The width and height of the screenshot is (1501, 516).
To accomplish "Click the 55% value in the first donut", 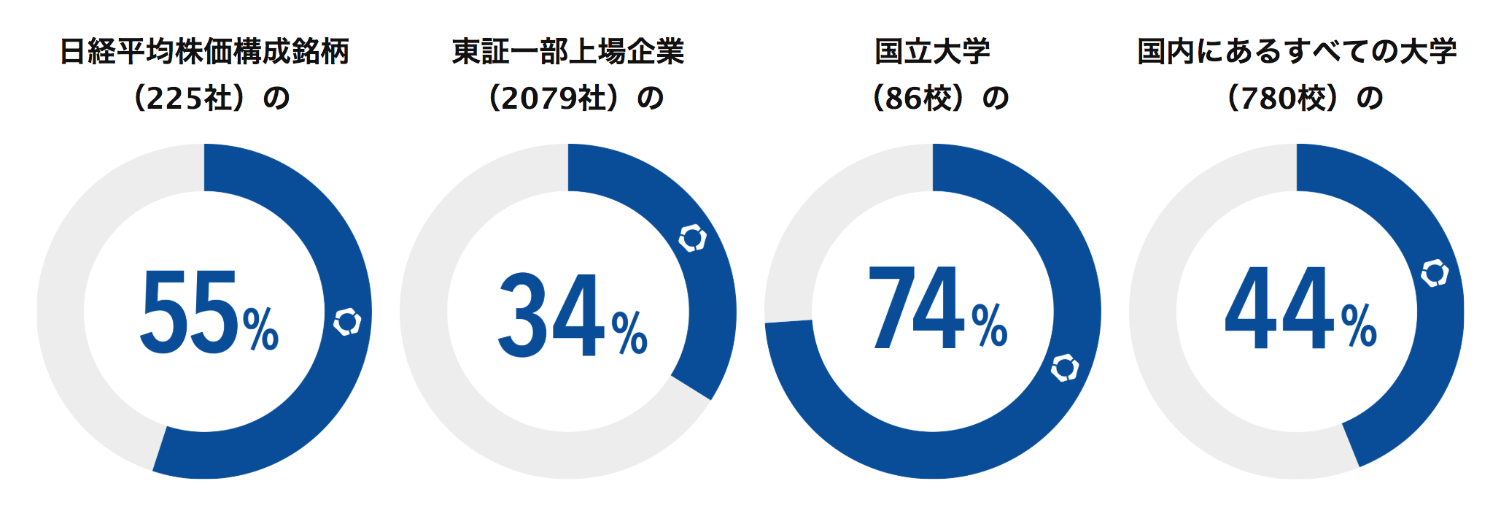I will (x=209, y=312).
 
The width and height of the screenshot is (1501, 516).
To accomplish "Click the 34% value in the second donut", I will (x=572, y=315).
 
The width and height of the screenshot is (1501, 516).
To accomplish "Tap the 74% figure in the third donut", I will (x=936, y=308).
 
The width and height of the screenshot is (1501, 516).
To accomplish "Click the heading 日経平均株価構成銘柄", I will (x=204, y=52).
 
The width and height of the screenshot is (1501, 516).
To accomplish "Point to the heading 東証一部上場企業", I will (x=568, y=52).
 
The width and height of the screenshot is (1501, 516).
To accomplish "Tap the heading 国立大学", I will (x=932, y=52).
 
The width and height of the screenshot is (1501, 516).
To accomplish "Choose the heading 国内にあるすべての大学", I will (x=1297, y=52).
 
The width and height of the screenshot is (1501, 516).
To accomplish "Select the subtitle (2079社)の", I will (x=575, y=98).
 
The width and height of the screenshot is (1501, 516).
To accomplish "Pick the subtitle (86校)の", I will (x=939, y=98).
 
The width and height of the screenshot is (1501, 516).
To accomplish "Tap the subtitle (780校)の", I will (x=1304, y=98).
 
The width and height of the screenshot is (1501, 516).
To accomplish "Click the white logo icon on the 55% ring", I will (x=347, y=322).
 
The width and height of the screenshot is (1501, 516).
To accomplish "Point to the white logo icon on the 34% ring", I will (x=692, y=239).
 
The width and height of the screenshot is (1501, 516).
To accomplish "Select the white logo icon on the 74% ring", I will (x=1064, y=368).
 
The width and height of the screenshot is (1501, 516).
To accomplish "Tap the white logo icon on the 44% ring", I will (x=1435, y=272).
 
